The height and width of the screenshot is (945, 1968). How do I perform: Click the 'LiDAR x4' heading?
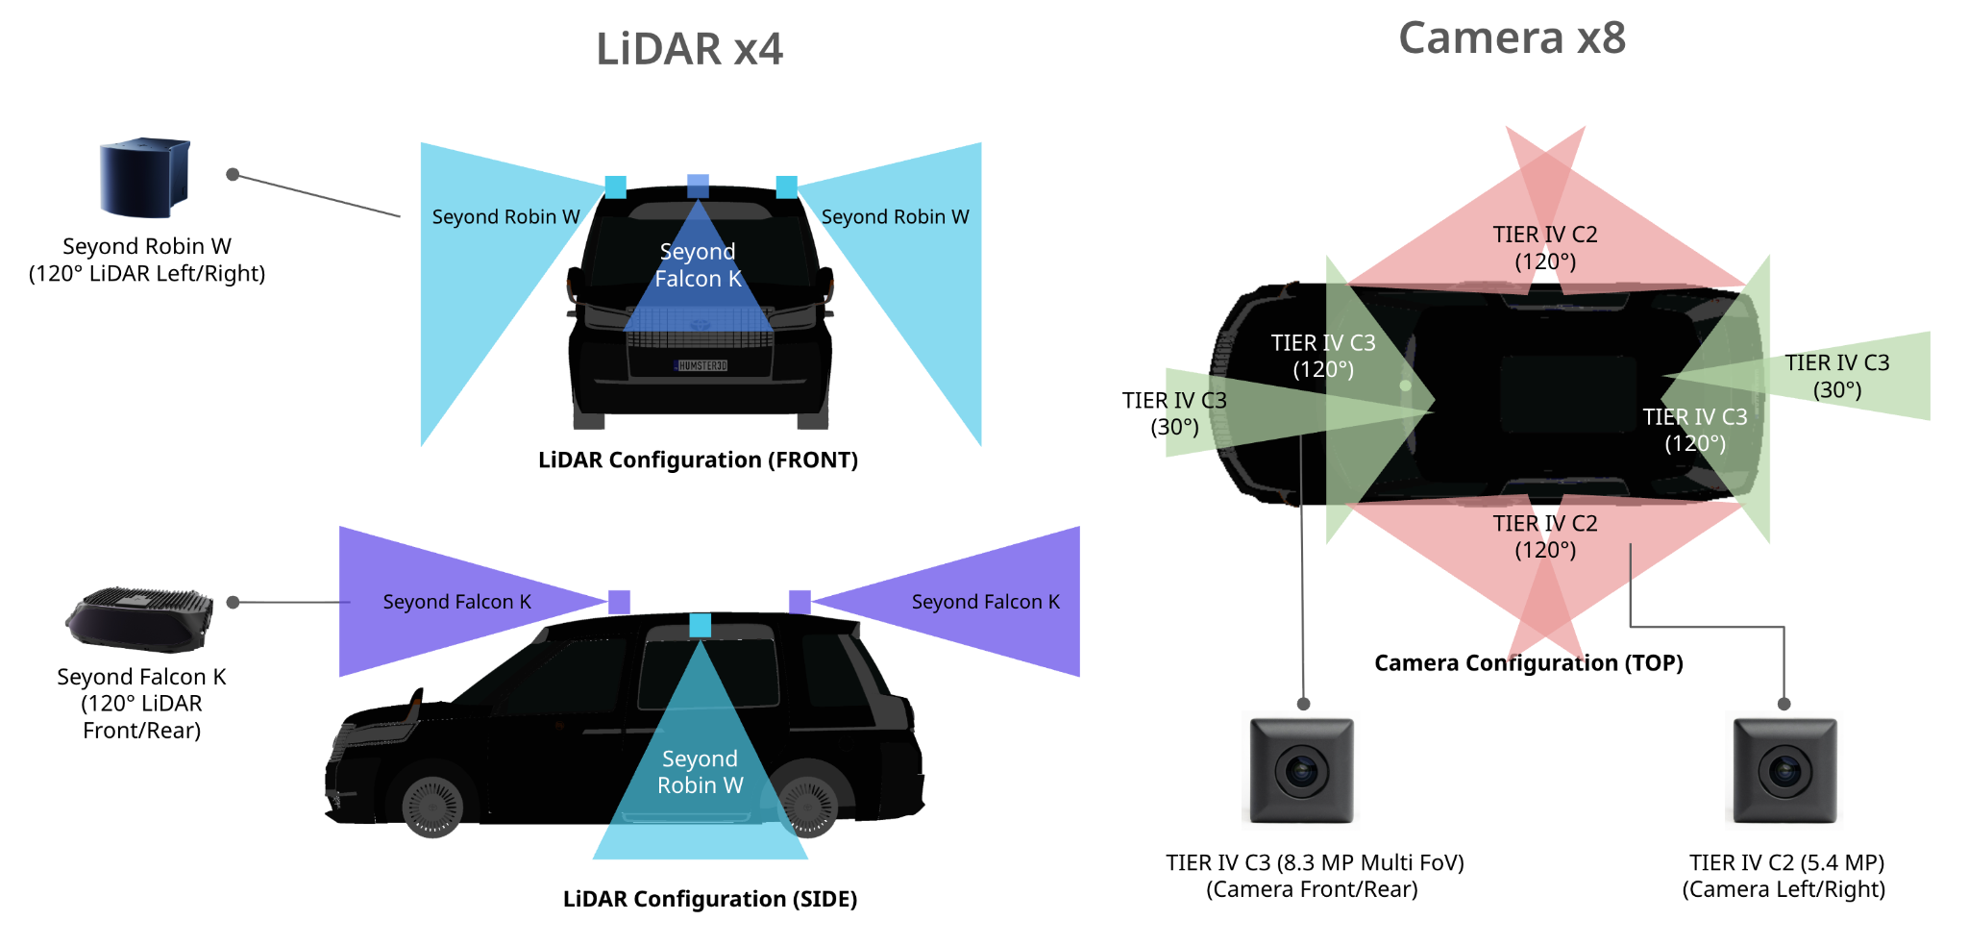tap(689, 49)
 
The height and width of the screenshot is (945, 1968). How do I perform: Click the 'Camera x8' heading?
tap(1512, 38)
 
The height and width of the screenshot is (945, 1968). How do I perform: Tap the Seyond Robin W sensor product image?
tap(145, 177)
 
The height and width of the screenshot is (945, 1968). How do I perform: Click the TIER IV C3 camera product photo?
tap(1302, 770)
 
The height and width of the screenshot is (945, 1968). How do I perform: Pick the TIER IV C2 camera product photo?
tap(1785, 770)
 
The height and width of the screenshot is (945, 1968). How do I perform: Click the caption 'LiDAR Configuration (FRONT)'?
tap(698, 460)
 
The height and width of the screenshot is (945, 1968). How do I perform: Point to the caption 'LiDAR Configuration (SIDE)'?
tap(710, 900)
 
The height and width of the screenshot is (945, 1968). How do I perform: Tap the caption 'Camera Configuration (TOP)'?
tap(1529, 663)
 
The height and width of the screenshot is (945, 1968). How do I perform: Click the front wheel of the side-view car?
tap(432, 806)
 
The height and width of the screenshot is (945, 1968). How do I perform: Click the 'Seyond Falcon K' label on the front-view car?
tap(698, 265)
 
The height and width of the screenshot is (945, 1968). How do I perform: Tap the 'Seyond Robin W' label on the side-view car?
tap(700, 772)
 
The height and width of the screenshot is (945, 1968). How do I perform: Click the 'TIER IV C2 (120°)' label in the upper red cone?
tap(1545, 248)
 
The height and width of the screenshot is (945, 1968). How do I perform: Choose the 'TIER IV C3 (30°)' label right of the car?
tap(1837, 376)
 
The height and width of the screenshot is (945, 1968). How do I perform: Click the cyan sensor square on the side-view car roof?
tap(701, 625)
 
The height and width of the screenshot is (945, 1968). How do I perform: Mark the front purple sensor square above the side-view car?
tap(620, 602)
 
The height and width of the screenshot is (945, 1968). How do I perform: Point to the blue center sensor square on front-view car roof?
tap(699, 186)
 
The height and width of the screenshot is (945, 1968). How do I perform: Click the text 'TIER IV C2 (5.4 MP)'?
tap(1786, 862)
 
